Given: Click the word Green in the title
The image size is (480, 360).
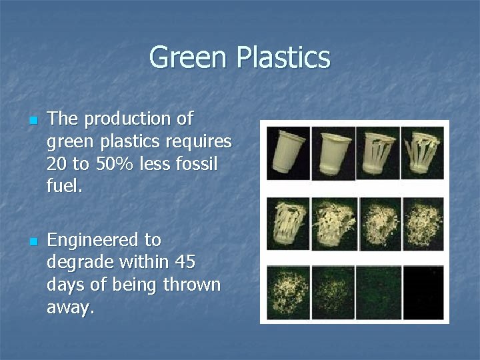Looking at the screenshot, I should click(189, 57).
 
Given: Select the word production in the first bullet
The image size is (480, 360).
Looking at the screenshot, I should click(127, 119).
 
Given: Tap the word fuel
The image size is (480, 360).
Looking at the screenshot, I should click(64, 187).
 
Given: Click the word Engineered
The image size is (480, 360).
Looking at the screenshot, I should click(94, 239).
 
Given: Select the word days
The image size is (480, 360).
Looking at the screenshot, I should click(67, 285).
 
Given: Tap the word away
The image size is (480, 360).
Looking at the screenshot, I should click(71, 307).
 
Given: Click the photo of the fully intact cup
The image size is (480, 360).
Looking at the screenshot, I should click(288, 153).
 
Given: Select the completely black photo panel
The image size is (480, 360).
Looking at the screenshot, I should click(423, 292).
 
